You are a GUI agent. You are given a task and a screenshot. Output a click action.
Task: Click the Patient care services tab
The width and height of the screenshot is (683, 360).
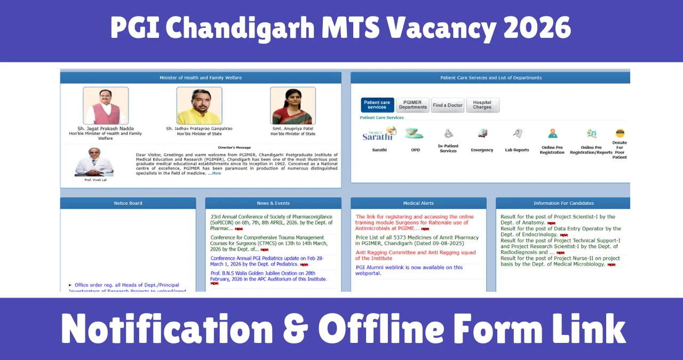(377, 105)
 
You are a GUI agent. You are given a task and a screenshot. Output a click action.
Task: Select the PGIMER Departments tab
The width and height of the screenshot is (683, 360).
(413, 105)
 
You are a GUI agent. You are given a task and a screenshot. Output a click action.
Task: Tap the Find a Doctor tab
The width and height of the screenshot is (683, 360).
(448, 105)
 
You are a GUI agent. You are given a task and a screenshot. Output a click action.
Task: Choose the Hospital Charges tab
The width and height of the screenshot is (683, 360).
(482, 105)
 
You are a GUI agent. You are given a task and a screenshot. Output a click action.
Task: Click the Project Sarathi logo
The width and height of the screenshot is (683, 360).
(379, 134)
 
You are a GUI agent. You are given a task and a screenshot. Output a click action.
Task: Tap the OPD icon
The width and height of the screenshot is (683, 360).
(415, 133)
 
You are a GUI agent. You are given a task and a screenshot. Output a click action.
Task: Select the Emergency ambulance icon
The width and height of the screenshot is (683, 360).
(482, 133)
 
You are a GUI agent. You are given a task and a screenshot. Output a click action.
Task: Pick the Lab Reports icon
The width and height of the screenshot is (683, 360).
(517, 133)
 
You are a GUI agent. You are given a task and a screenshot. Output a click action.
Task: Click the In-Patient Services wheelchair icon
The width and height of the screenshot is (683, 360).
(448, 133)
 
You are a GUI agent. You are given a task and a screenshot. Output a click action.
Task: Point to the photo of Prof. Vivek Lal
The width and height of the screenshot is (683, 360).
(94, 162)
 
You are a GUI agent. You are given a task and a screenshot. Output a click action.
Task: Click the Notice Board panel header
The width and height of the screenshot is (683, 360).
(128, 203)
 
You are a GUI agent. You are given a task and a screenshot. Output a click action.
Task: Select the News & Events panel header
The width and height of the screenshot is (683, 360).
(273, 203)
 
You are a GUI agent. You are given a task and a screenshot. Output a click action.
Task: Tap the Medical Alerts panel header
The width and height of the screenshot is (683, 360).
(418, 203)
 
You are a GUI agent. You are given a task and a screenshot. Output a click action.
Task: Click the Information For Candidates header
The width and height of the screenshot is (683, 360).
(563, 203)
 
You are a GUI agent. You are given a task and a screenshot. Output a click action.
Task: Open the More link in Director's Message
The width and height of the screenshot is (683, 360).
(217, 173)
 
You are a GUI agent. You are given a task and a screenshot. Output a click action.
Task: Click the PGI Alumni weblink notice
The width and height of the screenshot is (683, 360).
(409, 270)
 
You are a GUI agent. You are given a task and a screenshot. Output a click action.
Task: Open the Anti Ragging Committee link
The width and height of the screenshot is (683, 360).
(415, 255)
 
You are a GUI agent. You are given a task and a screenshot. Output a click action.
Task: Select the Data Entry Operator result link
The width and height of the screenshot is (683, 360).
(560, 231)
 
